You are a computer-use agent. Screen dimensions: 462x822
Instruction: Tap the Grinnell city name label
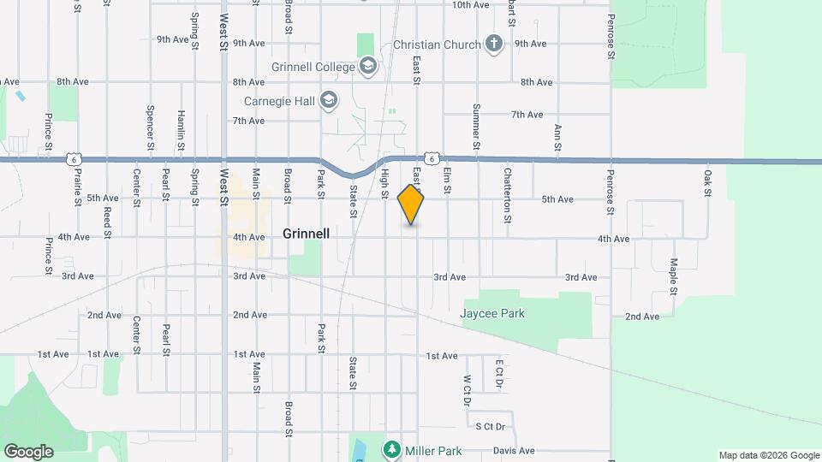point(306,234)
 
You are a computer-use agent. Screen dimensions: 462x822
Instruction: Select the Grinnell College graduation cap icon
point(368,67)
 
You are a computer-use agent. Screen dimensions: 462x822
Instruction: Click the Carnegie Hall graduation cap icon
point(328,102)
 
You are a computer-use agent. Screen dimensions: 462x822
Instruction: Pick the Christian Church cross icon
point(493,44)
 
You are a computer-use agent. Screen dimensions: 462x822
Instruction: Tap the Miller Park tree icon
point(391,449)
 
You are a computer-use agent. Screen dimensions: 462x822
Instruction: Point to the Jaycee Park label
point(492,313)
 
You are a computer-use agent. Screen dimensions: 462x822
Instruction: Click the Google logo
point(28,451)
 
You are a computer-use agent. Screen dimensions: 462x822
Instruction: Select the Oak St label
point(708,182)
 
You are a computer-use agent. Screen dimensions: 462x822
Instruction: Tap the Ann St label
point(557,138)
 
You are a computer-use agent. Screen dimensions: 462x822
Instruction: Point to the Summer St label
point(476,127)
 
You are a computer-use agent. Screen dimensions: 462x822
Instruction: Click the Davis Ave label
point(514,451)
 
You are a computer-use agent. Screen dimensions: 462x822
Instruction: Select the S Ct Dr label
point(491,426)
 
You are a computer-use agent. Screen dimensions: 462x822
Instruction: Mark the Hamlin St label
point(181,130)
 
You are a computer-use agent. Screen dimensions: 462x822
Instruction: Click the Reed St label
point(108,222)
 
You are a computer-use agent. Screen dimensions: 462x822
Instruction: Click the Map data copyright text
point(768,455)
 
